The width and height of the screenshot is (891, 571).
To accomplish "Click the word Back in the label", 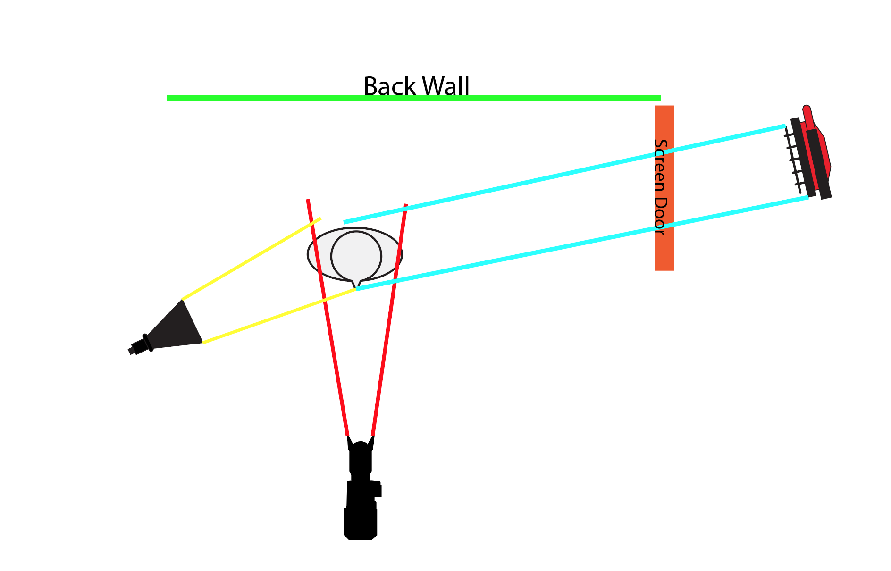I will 383,86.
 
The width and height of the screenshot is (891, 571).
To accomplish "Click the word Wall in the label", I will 445,86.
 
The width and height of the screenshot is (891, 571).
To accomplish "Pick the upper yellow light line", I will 250,259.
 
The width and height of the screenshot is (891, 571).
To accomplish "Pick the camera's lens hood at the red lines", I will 361,446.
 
